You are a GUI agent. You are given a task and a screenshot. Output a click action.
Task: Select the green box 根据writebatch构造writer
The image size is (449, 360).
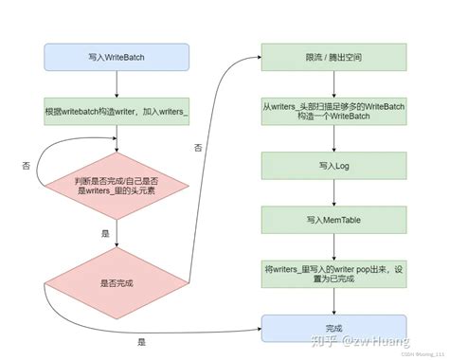tap(115, 110)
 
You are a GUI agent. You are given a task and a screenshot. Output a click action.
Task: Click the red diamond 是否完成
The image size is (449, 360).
tap(115, 282)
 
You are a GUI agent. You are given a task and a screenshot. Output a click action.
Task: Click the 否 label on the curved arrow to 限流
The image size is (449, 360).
tap(198, 149)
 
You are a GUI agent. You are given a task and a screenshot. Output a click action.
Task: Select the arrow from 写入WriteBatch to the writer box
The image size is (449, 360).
tap(115, 82)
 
